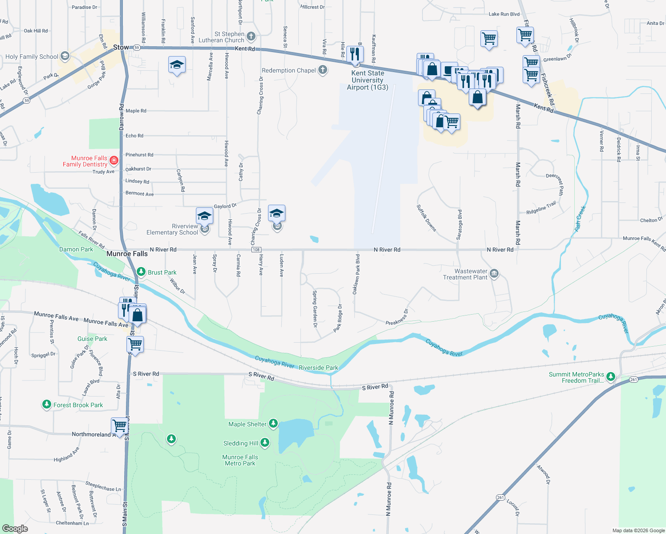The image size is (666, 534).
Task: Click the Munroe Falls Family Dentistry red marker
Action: [114, 160]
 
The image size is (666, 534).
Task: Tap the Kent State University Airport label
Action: [367, 80]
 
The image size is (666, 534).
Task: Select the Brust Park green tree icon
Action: [141, 271]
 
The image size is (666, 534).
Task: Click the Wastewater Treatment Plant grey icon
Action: [494, 274]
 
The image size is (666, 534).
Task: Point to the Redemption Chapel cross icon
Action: [323, 70]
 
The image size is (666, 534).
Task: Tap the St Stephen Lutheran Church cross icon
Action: [251, 36]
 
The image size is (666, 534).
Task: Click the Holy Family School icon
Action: [65, 56]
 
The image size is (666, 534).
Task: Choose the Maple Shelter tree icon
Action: [273, 424]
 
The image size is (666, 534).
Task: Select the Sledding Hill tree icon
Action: [265, 442]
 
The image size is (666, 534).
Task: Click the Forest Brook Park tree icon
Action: [47, 405]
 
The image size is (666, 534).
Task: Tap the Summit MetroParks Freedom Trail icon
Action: [611, 376]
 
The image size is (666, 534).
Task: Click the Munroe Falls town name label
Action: [127, 254]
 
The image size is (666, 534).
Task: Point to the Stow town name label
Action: [121, 47]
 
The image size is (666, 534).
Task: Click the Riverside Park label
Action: [318, 368]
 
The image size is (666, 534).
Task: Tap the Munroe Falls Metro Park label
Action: [240, 460]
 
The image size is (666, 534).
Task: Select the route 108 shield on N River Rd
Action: [256, 250]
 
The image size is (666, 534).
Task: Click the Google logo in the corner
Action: [15, 528]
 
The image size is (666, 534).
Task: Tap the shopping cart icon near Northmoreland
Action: [119, 425]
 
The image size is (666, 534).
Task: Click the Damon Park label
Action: [76, 249]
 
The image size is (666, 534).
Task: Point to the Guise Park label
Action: [92, 339]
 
